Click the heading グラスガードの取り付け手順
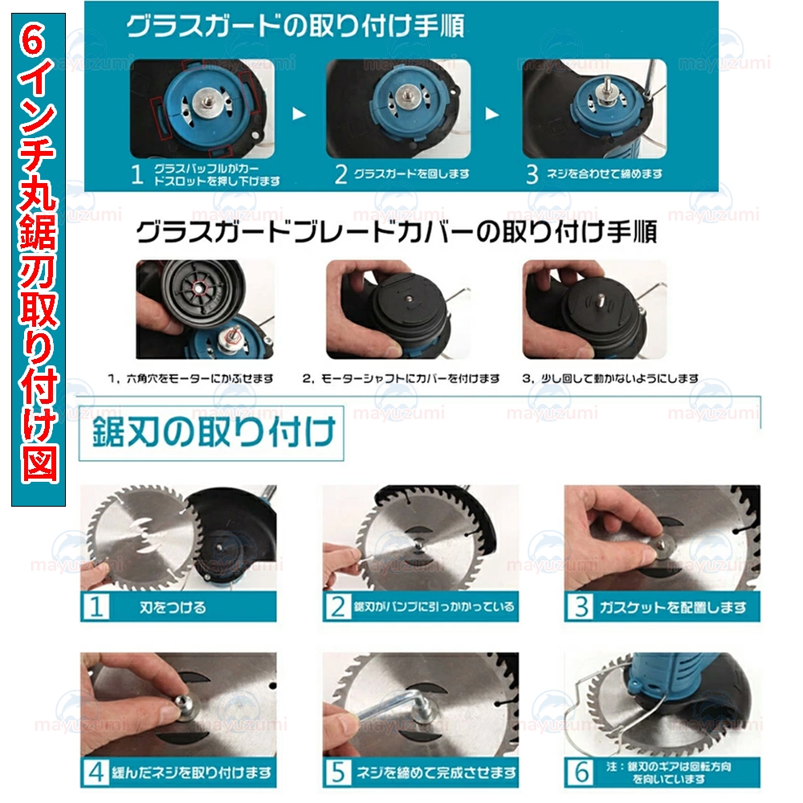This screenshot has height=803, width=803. [x=296, y=26]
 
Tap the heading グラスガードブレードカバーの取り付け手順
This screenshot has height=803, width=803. [x=397, y=232]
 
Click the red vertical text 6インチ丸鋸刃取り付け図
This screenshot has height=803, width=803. [x=39, y=259]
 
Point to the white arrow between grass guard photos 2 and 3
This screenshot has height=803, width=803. [x=492, y=114]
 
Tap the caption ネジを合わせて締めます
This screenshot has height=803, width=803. [x=605, y=174]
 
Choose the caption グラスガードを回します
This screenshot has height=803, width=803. [x=411, y=174]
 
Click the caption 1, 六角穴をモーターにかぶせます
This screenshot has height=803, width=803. [x=190, y=378]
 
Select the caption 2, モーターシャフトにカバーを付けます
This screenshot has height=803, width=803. [x=401, y=378]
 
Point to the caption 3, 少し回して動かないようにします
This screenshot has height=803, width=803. [x=610, y=378]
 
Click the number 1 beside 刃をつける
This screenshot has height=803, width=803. [x=96, y=607]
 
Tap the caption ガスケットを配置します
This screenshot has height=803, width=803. [x=672, y=607]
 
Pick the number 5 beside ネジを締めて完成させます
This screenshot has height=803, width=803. [x=338, y=772]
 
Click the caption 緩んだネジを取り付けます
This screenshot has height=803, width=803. [x=192, y=772]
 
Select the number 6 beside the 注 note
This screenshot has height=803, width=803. [x=581, y=772]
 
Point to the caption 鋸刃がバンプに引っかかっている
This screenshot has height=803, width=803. [x=434, y=607]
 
